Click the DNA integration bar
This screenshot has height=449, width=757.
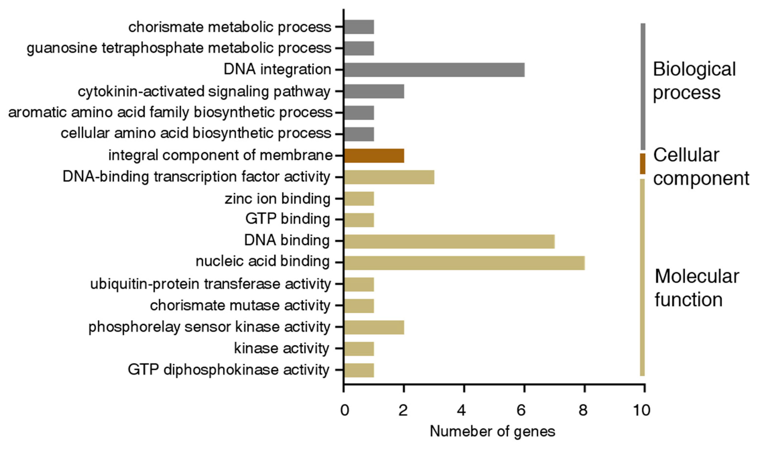pos(434,70)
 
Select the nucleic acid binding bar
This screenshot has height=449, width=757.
pos(464,263)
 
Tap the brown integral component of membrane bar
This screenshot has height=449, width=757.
pos(374,156)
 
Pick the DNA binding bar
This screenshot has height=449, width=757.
pos(449,241)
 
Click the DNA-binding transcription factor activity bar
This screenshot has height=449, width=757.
pos(389,177)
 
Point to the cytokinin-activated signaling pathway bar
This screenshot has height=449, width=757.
pos(374,91)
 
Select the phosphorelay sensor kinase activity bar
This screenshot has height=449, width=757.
pos(374,327)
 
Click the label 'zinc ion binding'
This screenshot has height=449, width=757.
pos(277,199)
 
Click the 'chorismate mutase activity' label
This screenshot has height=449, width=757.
pos(240,306)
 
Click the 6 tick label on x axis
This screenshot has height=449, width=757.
pos(521,410)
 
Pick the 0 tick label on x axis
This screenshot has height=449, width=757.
pos(344,410)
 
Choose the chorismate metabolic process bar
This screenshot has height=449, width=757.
pos(359,27)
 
